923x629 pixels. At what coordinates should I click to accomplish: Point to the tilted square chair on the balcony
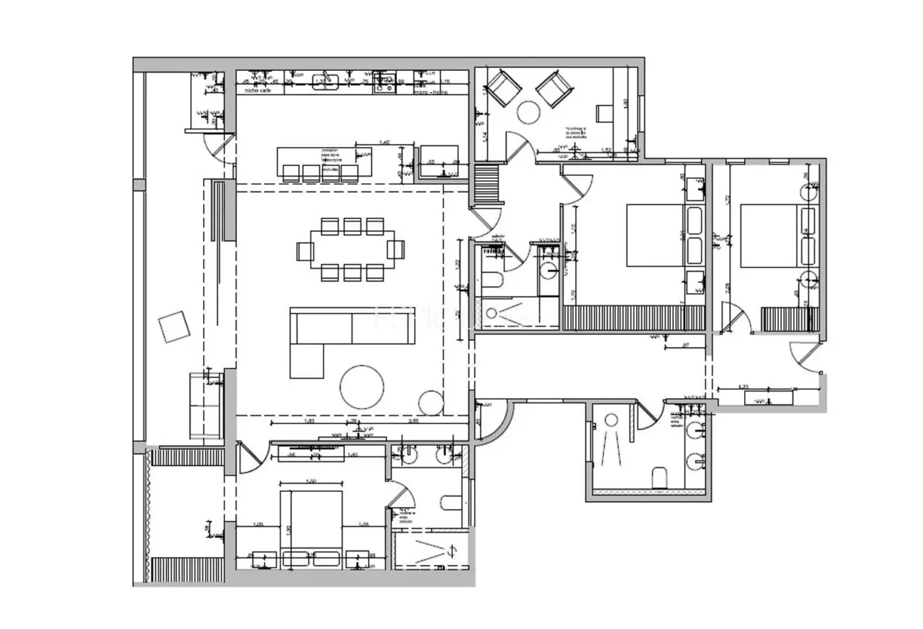tap(174, 327)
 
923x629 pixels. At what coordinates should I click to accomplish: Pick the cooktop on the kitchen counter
tap(386, 82)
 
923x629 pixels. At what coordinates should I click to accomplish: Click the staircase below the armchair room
tap(488, 185)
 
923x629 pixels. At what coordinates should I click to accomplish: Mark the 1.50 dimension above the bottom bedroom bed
tap(311, 482)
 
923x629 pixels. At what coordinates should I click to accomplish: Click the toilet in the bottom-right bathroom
tap(660, 478)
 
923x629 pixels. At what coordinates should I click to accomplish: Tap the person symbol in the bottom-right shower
tap(612, 440)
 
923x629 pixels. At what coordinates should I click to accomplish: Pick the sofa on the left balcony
tap(206, 405)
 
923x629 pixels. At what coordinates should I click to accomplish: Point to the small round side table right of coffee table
tap(430, 403)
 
